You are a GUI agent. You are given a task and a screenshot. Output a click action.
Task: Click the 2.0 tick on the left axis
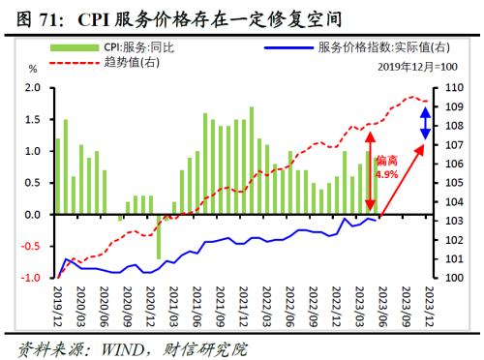pos(32,88)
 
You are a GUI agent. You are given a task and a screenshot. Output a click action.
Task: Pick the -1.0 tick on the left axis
pos(30,278)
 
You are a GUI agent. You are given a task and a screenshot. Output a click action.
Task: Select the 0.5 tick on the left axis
pos(32,183)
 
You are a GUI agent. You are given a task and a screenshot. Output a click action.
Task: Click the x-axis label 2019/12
pos(57,303)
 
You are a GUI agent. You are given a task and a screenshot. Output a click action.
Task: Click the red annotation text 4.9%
pos(387,175)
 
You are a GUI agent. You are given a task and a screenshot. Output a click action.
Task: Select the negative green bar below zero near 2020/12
pos(159,236)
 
